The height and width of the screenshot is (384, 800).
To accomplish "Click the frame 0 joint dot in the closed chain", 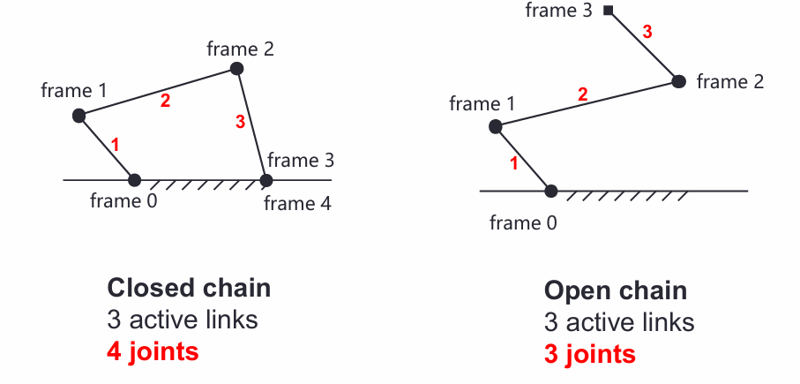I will tap(134, 180).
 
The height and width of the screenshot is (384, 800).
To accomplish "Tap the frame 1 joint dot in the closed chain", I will tap(79, 115).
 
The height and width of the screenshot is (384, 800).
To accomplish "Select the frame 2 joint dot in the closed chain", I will tap(236, 68).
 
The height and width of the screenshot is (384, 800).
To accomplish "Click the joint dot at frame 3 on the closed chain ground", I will tap(266, 180).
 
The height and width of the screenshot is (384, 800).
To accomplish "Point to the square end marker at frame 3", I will tap(609, 11).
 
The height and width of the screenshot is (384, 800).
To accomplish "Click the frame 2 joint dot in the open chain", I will tap(678, 81).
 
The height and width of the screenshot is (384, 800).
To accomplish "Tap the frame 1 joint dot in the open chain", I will tap(496, 127).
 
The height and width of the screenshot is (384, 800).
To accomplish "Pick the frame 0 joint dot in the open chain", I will tap(551, 191).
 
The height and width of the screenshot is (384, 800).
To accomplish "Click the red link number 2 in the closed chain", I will tap(165, 101).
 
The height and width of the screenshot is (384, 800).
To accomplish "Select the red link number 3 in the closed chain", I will tap(240, 124).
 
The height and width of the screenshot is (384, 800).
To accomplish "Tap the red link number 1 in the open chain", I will tap(513, 162).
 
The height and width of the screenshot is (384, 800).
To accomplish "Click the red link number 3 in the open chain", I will tap(647, 32).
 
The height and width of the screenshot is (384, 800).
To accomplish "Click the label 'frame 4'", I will tap(297, 205).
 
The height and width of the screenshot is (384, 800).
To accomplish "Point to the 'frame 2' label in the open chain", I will tap(729, 82).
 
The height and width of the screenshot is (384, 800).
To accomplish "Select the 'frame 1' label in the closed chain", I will tap(73, 90).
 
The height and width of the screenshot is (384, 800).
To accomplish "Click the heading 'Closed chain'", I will tap(189, 288).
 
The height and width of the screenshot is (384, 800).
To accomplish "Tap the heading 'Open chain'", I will tap(615, 290).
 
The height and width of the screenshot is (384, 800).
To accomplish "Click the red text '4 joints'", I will tap(153, 350).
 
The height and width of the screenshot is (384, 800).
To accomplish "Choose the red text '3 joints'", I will tap(589, 354).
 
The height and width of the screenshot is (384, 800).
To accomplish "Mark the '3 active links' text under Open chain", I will tap(619, 322).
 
